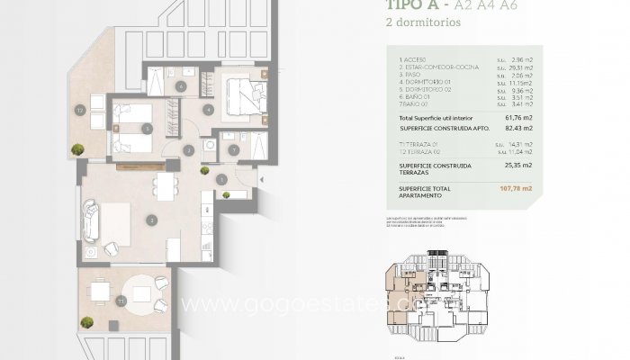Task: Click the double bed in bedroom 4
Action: click(241, 94)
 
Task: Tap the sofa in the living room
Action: click(90, 220)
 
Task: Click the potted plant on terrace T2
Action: click(78, 149)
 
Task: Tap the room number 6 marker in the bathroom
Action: click(181, 87)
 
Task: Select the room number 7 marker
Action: click(233, 149)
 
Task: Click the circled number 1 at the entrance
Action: click(221, 178)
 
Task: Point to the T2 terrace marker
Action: click(80, 111)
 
